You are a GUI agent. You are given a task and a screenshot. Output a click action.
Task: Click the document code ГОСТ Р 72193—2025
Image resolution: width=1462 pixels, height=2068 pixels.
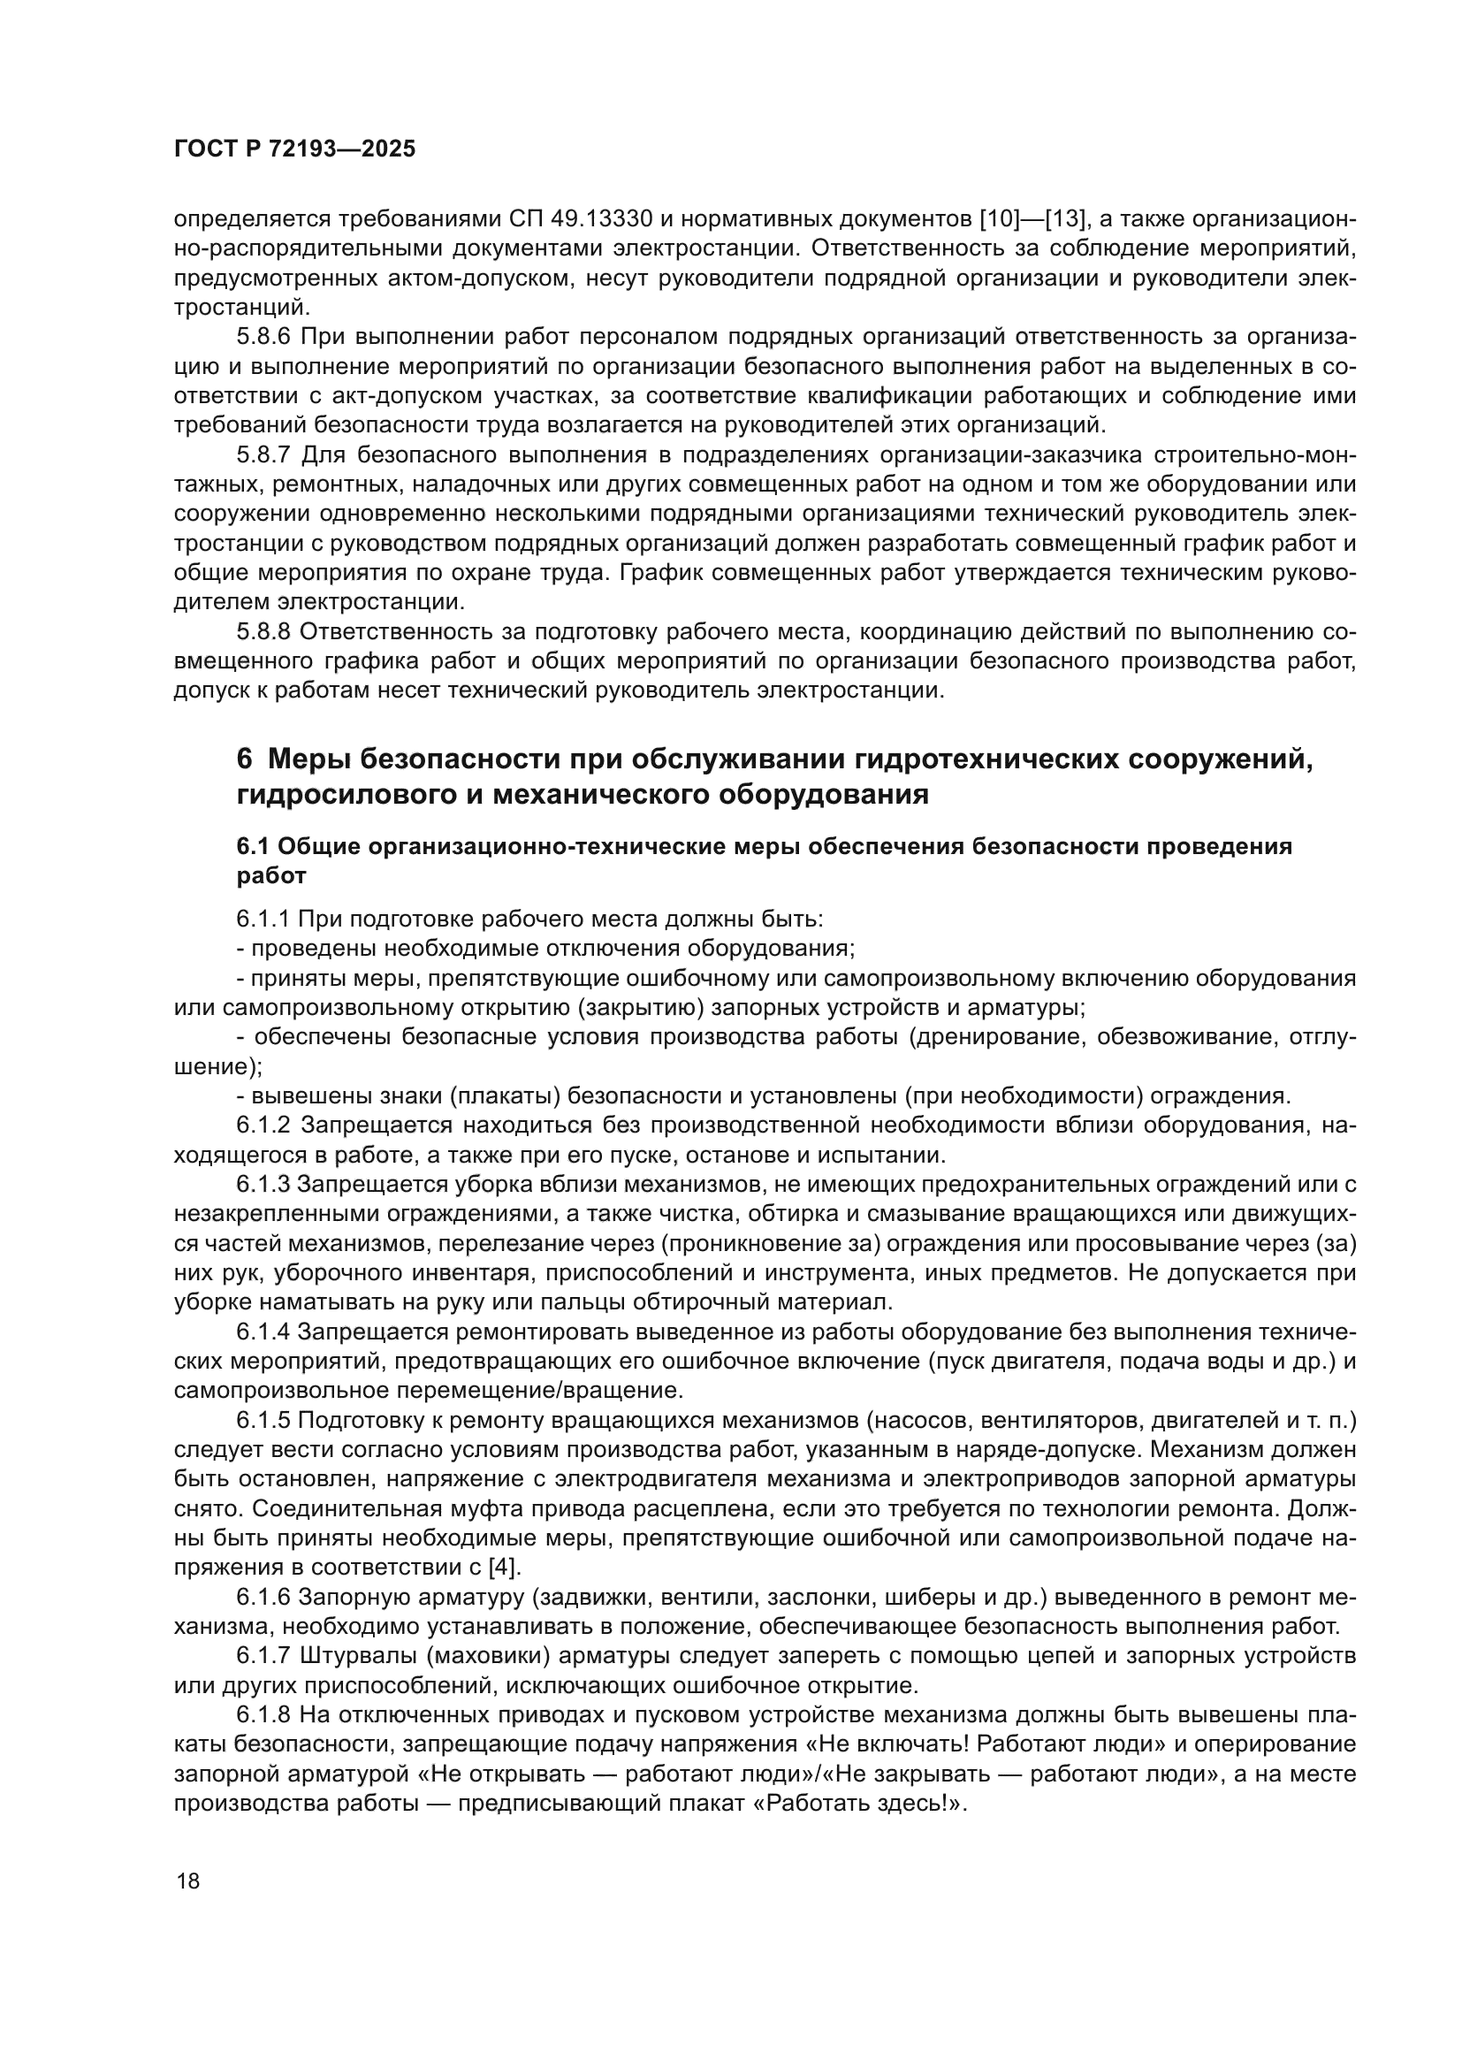[294, 149]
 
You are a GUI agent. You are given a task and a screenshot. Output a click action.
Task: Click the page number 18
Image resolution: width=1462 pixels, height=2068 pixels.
[188, 1881]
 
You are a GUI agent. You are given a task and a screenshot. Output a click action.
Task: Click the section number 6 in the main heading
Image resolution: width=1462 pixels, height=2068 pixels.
[244, 759]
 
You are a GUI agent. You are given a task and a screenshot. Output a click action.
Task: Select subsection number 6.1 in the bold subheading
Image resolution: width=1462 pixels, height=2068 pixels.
[254, 847]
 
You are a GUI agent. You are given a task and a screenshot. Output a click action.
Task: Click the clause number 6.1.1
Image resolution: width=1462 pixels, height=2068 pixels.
[263, 919]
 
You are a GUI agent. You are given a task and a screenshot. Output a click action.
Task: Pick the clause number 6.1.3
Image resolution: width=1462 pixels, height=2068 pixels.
[263, 1184]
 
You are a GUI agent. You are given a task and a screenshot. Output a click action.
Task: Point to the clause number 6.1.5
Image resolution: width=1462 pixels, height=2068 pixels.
[263, 1420]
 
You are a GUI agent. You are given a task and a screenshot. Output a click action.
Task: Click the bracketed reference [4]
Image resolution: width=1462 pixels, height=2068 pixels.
[503, 1567]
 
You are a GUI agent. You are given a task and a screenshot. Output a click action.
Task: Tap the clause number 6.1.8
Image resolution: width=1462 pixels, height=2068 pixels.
[263, 1713]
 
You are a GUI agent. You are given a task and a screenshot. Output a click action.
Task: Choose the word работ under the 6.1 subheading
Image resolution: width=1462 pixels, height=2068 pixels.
[271, 875]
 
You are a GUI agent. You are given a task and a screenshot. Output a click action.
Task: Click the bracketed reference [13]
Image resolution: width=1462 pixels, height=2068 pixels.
[1063, 219]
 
